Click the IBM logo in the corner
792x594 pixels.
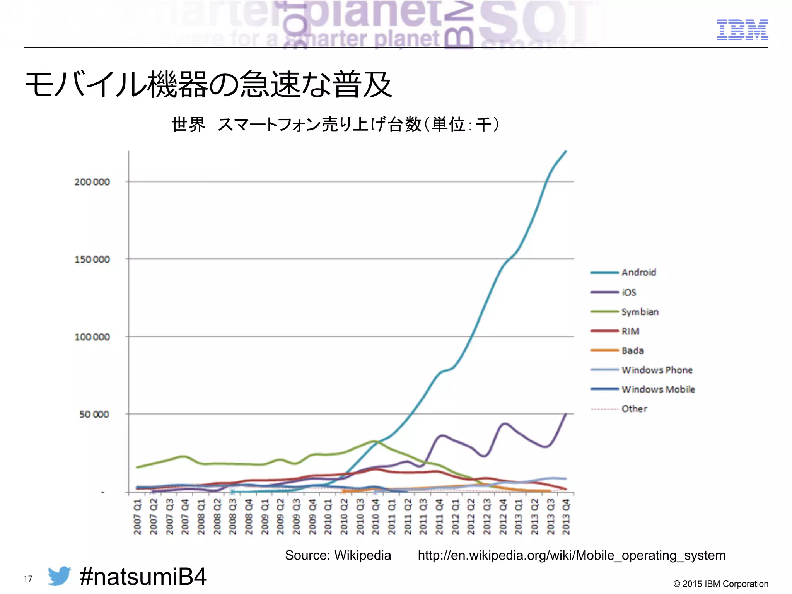point(742,30)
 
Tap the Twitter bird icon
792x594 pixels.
point(59,576)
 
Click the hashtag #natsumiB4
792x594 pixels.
point(143,577)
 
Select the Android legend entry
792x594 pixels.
point(638,272)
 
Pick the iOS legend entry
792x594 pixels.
point(628,292)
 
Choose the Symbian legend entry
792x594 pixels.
point(639,312)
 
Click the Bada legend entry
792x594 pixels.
point(632,350)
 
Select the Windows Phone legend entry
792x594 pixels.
point(656,370)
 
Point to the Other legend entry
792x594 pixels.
point(634,409)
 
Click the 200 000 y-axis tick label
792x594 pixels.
point(92,182)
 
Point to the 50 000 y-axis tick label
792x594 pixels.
point(94,415)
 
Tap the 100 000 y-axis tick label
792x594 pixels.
point(92,337)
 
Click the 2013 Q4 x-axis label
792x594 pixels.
point(566,517)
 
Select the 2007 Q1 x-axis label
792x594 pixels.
point(137,517)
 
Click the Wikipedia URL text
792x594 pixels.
point(571,555)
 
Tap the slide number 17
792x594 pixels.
point(28,579)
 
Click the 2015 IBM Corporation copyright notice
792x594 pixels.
point(720,584)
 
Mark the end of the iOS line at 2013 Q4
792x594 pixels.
point(566,414)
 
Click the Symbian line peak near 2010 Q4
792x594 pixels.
point(374,441)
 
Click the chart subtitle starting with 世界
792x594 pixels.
point(335,125)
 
